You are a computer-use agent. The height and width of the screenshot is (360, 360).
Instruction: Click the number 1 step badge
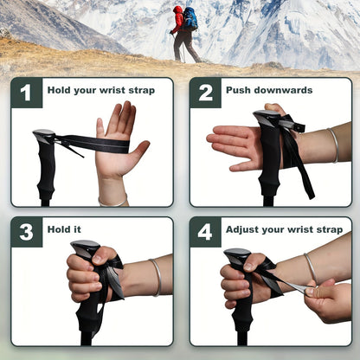pos(26,93)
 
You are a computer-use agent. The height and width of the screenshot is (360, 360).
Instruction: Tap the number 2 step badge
pos(205,93)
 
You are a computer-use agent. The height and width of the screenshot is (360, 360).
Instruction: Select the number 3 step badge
pos(26,232)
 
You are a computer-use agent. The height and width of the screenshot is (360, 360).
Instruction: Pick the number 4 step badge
pos(205,232)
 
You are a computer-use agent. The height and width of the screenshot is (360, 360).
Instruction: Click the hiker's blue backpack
pos(190,18)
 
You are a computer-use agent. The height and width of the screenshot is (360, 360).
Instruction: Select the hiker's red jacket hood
pos(178,10)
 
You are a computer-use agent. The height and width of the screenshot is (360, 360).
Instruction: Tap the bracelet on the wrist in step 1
pos(112,202)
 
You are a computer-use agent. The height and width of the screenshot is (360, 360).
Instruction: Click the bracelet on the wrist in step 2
pos(333,145)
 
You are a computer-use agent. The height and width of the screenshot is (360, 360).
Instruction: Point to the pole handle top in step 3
pos(84,249)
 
